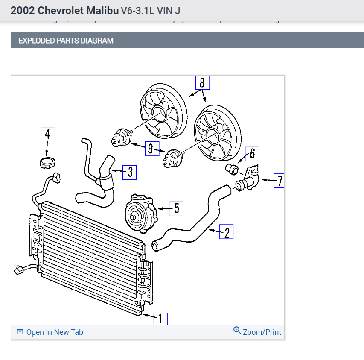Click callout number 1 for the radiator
[160, 319]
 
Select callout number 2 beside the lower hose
[226, 232]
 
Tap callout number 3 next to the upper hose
[130, 172]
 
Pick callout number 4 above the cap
[47, 135]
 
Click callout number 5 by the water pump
[176, 208]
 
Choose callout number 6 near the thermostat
[252, 154]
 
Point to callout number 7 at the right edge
[279, 180]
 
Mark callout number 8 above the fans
[202, 82]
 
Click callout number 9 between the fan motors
[151, 149]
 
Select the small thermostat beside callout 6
[232, 169]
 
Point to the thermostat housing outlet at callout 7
[249, 181]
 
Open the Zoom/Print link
[257, 332]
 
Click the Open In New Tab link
[50, 332]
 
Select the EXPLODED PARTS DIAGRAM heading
[66, 41]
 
